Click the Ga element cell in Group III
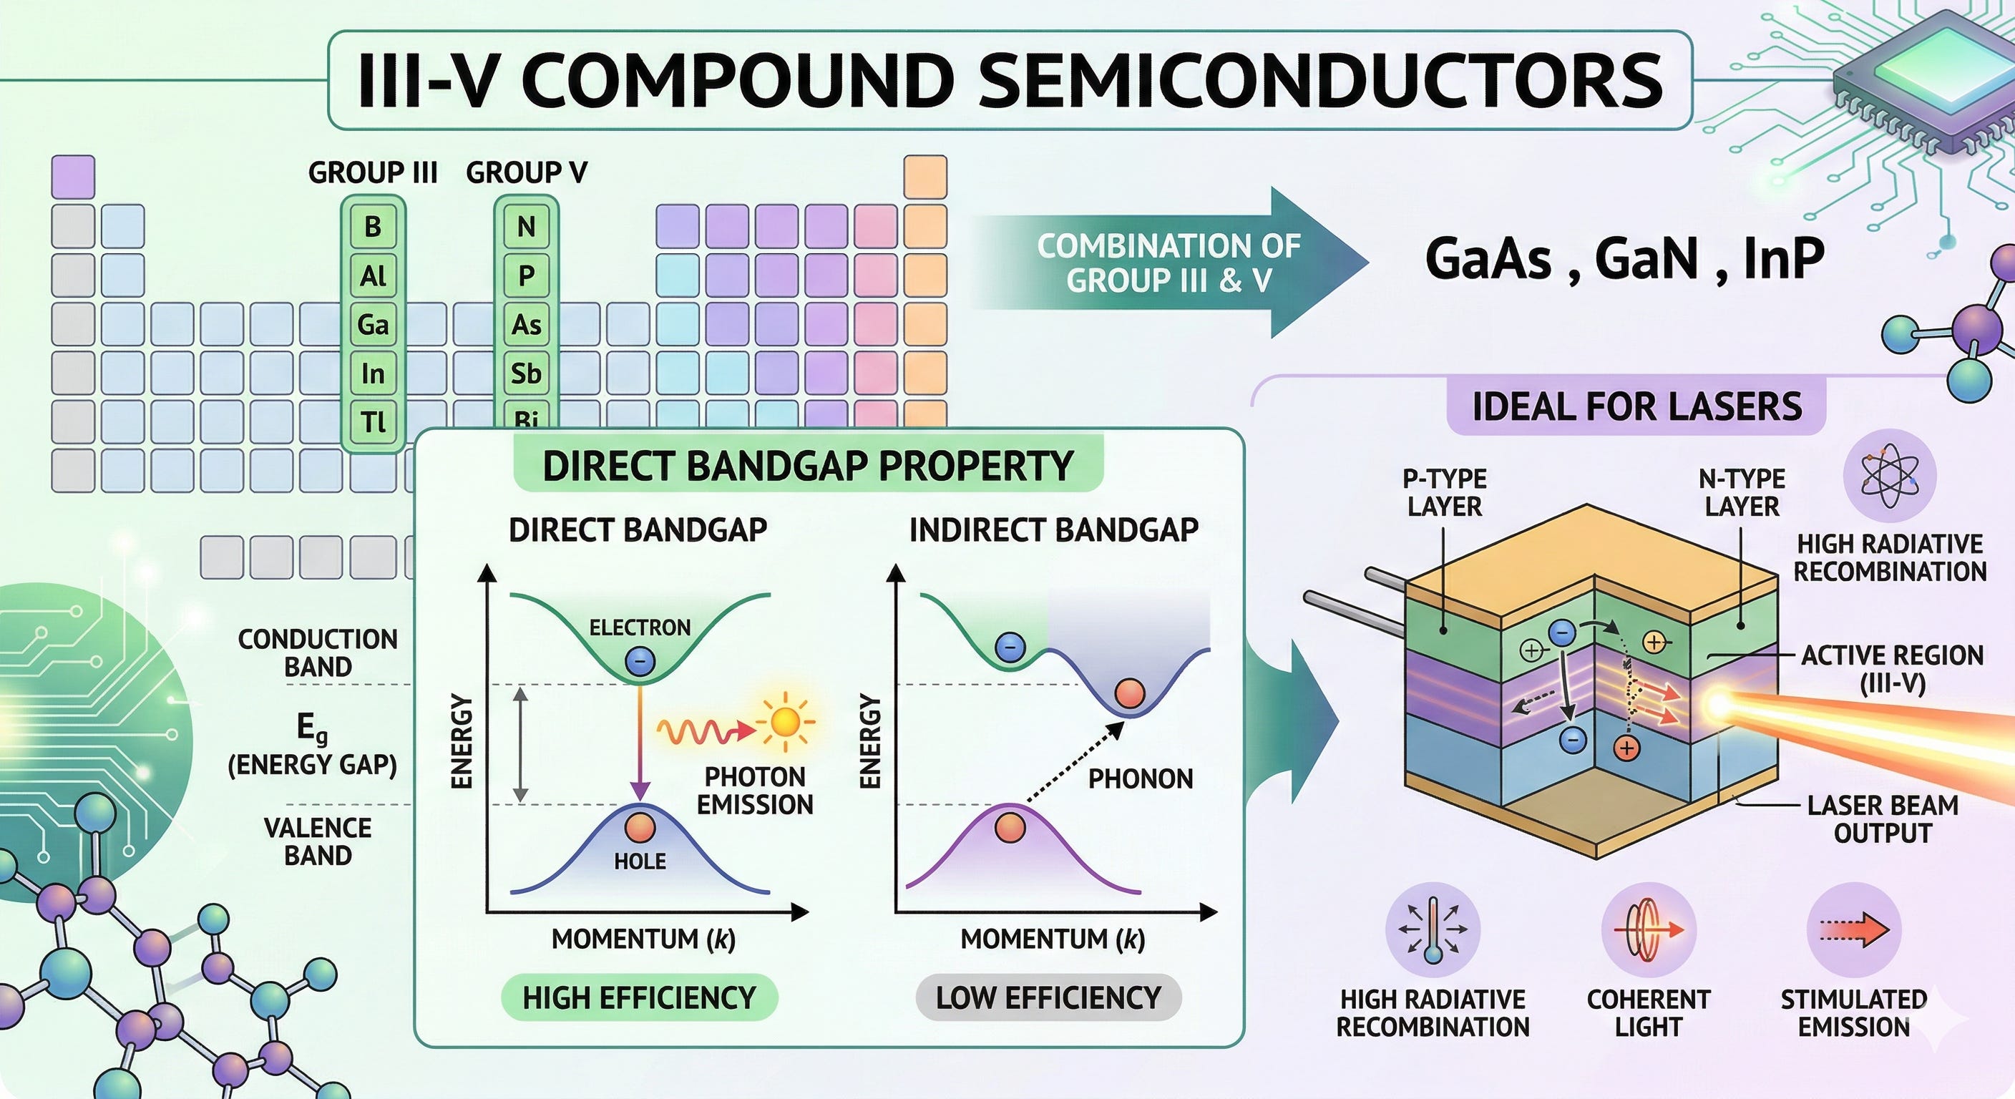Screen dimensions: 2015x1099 (x=373, y=325)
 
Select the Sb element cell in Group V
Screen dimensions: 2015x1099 (x=527, y=373)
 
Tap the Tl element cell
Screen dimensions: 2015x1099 (x=373, y=422)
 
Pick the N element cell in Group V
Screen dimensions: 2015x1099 (x=527, y=227)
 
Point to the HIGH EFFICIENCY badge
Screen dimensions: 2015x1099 (x=639, y=997)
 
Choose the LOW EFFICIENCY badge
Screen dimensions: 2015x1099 (x=1048, y=997)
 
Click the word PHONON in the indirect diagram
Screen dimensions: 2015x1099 (x=1141, y=778)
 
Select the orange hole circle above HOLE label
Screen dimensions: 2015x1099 (x=640, y=827)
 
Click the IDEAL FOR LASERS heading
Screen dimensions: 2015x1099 (x=1636, y=406)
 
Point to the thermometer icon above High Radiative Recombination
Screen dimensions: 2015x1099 (x=1433, y=930)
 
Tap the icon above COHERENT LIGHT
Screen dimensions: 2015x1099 (x=1648, y=930)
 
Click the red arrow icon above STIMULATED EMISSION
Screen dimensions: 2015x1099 (x=1854, y=930)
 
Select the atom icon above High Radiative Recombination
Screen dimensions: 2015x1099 (x=1890, y=475)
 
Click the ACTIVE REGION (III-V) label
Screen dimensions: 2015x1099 (x=1892, y=669)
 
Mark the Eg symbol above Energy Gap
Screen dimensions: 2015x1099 (x=312, y=729)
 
